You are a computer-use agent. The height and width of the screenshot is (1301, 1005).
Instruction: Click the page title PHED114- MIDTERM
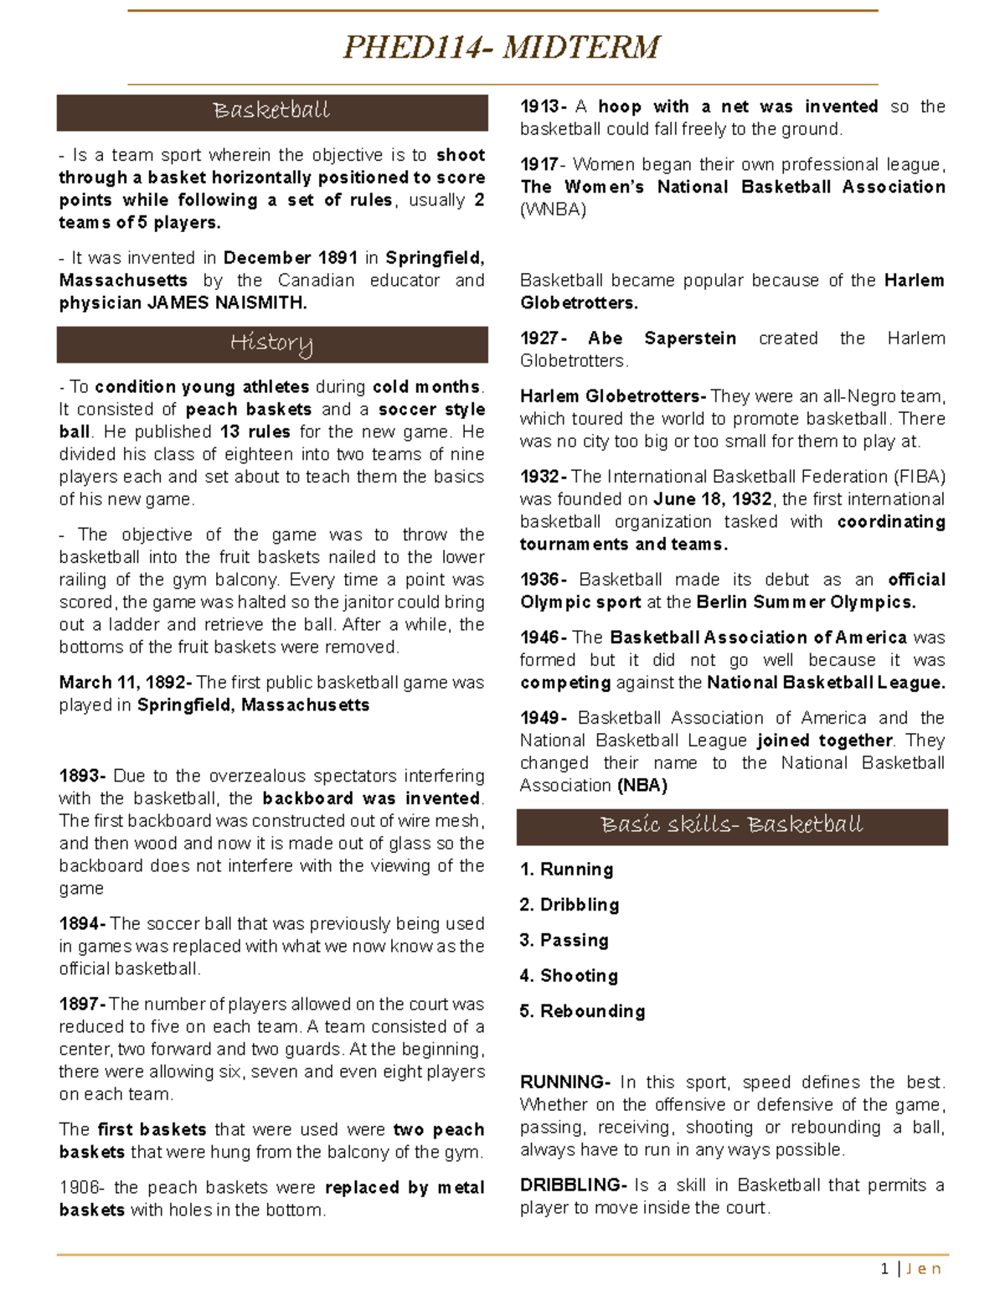(502, 47)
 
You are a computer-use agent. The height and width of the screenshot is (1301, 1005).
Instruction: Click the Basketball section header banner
(271, 111)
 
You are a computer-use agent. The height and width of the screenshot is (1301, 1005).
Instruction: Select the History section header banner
(271, 343)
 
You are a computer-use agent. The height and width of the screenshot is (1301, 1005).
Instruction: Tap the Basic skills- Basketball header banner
(732, 826)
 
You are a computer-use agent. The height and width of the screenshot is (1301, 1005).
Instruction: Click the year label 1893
(81, 777)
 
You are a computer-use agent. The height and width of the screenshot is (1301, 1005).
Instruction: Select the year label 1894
(80, 924)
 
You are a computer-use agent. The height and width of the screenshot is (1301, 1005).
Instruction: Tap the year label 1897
(80, 1004)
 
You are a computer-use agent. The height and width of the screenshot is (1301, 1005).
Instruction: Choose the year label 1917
(541, 165)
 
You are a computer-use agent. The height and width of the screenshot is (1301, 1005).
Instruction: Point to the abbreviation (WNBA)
(553, 210)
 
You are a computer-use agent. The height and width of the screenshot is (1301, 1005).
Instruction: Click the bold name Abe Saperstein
(662, 338)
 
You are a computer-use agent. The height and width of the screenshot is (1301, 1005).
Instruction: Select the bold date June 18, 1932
(712, 499)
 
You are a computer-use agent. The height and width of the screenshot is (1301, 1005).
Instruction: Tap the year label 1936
(542, 580)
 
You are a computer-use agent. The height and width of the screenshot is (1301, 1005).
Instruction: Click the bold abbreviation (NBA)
(642, 786)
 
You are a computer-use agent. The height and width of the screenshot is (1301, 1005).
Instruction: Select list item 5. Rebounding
(582, 1011)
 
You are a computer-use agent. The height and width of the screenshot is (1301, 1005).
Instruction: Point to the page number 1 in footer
(884, 1269)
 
